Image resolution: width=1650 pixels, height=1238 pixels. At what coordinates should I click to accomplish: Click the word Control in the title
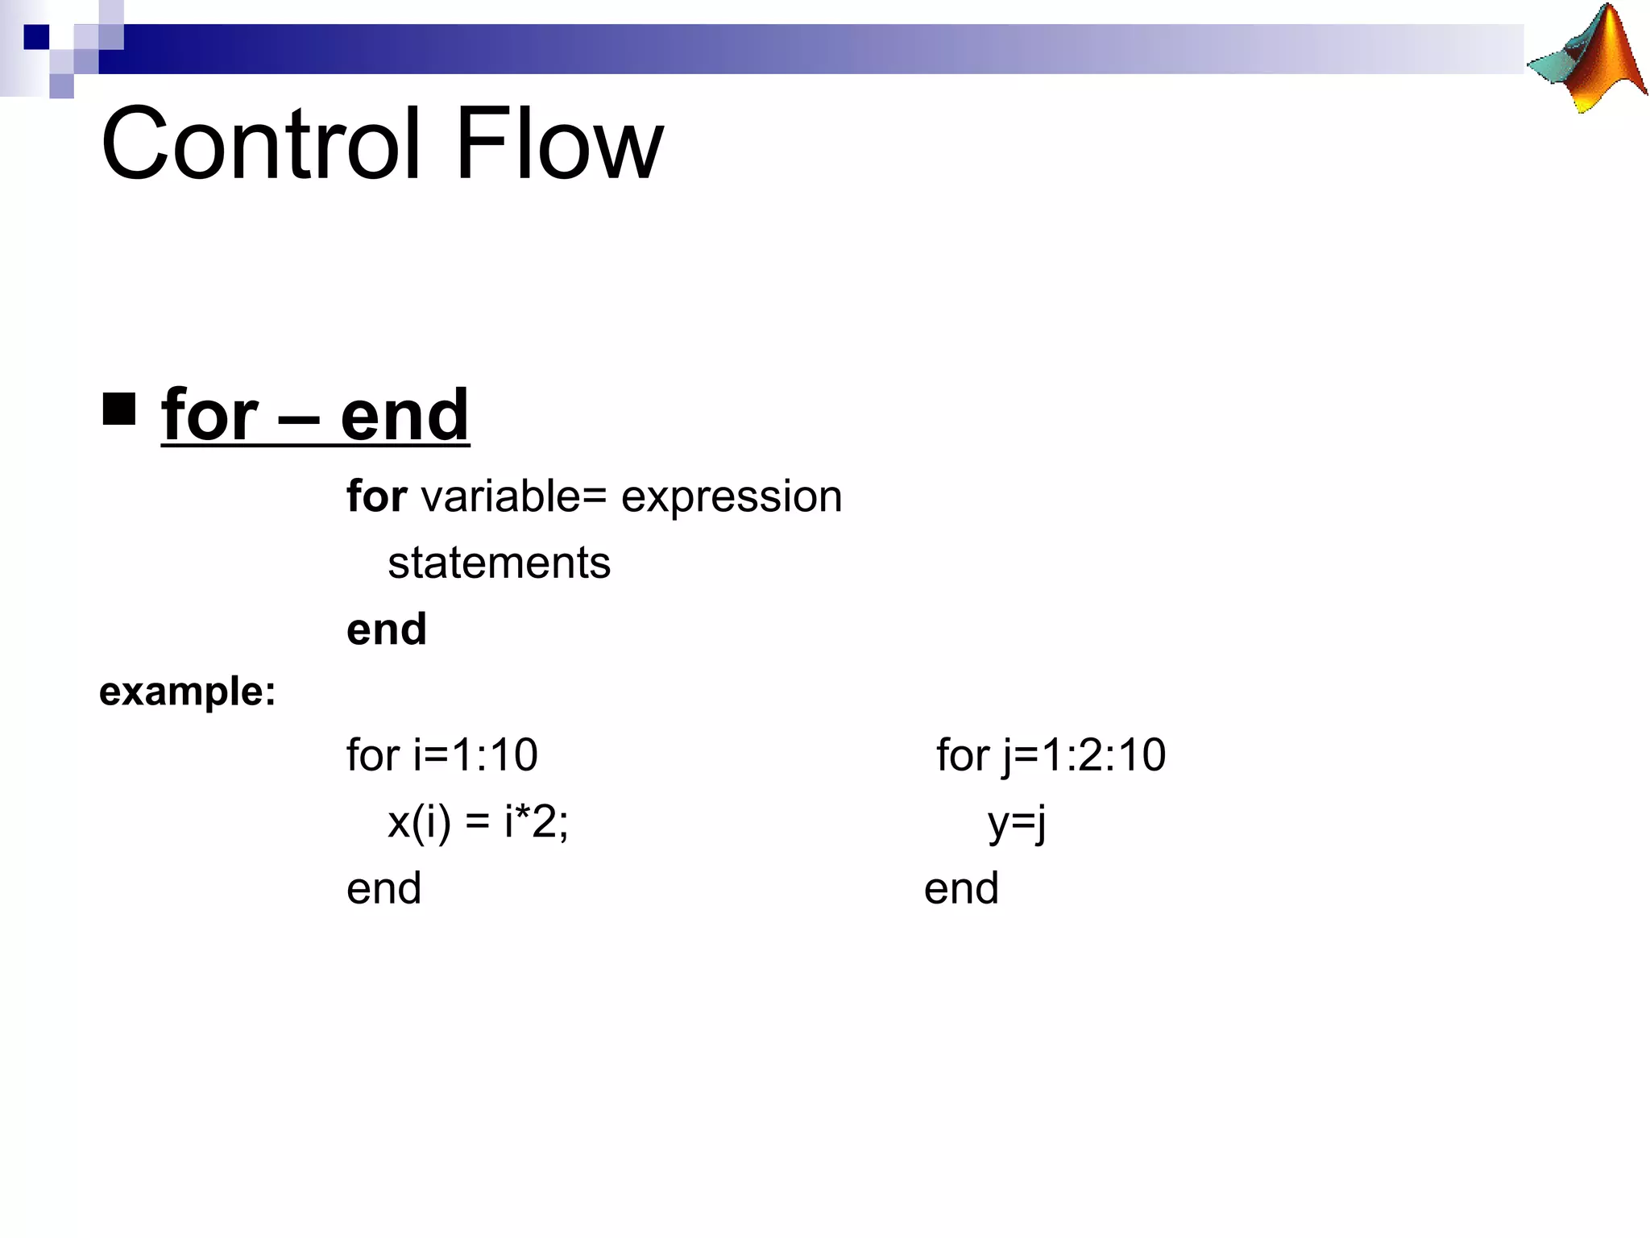[x=260, y=145]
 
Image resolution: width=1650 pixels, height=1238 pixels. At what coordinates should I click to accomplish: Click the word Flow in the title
[x=559, y=145]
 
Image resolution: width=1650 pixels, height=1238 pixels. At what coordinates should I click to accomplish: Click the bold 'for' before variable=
[x=376, y=496]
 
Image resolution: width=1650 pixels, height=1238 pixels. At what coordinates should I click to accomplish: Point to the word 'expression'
[x=732, y=497]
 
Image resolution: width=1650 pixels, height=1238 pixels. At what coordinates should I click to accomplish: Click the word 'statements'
[x=499, y=563]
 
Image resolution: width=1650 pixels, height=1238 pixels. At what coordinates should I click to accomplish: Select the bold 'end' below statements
[x=386, y=629]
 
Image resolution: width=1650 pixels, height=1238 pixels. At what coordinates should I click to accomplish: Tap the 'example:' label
[x=187, y=692]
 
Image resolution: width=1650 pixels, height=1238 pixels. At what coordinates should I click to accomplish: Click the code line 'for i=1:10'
[x=442, y=755]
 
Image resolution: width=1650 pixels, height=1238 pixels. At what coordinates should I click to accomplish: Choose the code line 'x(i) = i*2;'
[x=478, y=823]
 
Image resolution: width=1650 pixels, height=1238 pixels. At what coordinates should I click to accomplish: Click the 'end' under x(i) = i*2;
[x=383, y=888]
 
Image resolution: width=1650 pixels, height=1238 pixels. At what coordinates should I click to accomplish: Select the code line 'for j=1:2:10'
[x=1051, y=755]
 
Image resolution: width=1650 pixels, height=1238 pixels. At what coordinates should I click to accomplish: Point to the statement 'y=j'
[x=1017, y=823]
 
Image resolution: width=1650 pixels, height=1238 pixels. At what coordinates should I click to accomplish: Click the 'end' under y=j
[x=961, y=888]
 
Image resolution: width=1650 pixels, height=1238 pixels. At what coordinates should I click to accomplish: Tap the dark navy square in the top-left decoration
[x=36, y=37]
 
